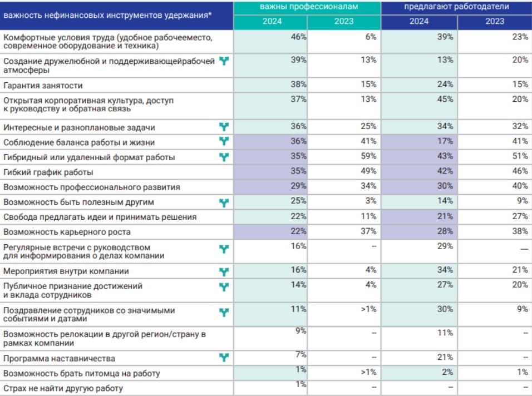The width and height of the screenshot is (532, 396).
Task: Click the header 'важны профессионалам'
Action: (309, 7)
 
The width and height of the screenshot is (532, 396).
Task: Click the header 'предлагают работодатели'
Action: (456, 7)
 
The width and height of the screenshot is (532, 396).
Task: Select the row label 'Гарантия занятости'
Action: (43, 86)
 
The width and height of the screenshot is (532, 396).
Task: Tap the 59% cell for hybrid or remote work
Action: (368, 156)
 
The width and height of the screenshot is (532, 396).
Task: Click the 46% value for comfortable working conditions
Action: (299, 37)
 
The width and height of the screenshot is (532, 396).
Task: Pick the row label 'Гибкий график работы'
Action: (48, 172)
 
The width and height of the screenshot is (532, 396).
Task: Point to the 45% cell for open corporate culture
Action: (445, 99)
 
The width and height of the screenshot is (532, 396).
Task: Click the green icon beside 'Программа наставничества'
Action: (224, 358)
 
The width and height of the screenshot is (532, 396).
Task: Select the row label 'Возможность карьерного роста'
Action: (67, 232)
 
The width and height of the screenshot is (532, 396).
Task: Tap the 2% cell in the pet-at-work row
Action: (447, 372)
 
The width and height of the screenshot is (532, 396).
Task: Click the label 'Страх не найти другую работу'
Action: (63, 388)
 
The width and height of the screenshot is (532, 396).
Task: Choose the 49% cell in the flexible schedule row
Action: (368, 171)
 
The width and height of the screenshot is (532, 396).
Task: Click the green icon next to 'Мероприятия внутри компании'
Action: (224, 271)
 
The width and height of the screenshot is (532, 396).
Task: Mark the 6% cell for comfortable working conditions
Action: (371, 37)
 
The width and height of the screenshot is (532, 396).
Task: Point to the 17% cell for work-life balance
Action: (445, 141)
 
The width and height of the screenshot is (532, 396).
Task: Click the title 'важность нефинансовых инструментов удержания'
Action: (107, 15)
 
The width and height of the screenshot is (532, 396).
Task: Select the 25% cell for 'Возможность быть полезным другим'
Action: (299, 201)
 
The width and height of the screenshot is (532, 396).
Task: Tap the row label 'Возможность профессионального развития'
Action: (92, 187)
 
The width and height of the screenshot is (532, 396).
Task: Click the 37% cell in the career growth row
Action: (368, 231)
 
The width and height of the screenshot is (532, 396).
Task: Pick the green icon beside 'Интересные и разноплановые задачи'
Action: (224, 127)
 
